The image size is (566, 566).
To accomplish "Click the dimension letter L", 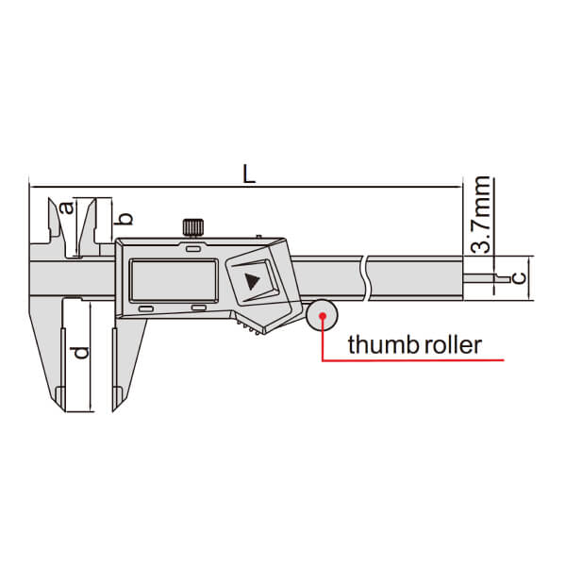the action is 249,174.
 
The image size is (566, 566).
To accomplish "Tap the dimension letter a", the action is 67,208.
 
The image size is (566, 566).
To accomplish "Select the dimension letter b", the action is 124,219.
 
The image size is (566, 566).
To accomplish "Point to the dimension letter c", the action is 520,278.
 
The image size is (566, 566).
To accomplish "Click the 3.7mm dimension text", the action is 481,214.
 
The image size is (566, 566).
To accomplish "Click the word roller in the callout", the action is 453,344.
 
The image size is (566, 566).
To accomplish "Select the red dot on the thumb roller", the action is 323,316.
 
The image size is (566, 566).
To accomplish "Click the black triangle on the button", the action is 252,281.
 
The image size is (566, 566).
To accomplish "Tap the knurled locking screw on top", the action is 193,227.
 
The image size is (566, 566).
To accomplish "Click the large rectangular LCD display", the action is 174,280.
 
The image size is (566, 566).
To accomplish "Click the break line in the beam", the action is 365,278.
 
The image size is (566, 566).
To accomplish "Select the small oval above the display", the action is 193,249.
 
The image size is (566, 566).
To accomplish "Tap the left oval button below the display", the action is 146,308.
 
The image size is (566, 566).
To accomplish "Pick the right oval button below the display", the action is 199,308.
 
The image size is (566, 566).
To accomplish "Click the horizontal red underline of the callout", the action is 413,360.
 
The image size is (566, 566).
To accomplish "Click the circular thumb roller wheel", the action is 322,315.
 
